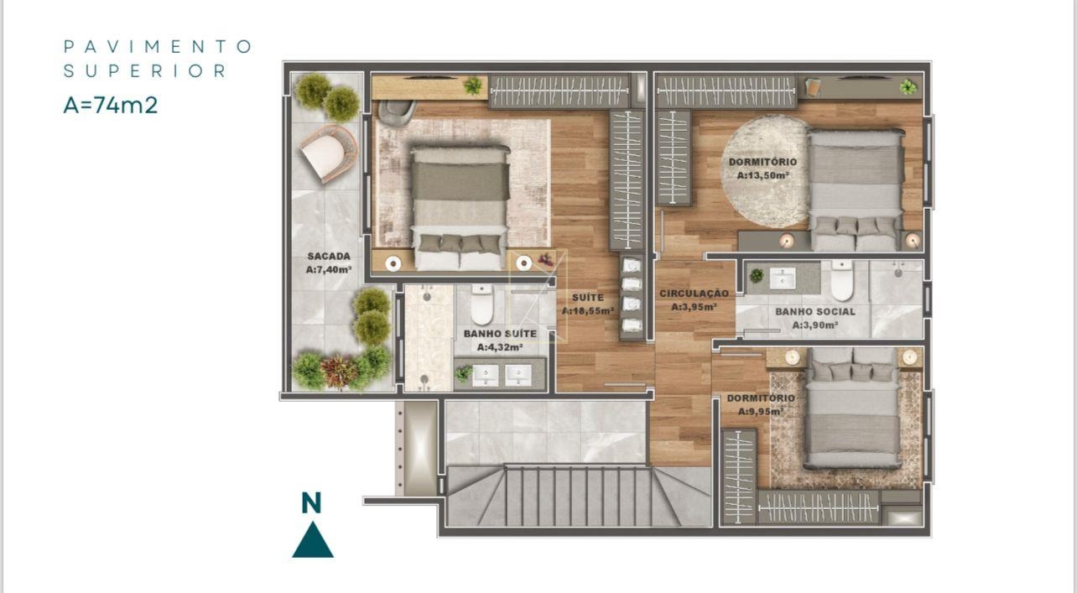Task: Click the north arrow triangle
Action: pyautogui.click(x=313, y=540)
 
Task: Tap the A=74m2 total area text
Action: pyautogui.click(x=111, y=105)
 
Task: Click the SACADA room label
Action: pyautogui.click(x=329, y=257)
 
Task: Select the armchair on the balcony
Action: pyautogui.click(x=329, y=153)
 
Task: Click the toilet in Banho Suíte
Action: pyautogui.click(x=481, y=304)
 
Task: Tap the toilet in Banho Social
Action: pyautogui.click(x=842, y=280)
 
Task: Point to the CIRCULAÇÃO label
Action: pyautogui.click(x=694, y=294)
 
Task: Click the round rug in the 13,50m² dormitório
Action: pyautogui.click(x=764, y=172)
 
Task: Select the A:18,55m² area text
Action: pyautogui.click(x=587, y=310)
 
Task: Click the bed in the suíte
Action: pyautogui.click(x=460, y=207)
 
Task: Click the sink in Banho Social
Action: pyautogui.click(x=783, y=278)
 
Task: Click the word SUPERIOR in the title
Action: pyautogui.click(x=145, y=71)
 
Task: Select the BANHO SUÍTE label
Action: pyautogui.click(x=500, y=333)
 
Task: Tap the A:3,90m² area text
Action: pyautogui.click(x=815, y=325)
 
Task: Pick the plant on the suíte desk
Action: pyautogui.click(x=472, y=86)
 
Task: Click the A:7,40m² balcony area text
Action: pyautogui.click(x=329, y=269)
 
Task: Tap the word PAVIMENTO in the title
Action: pyautogui.click(x=158, y=47)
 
